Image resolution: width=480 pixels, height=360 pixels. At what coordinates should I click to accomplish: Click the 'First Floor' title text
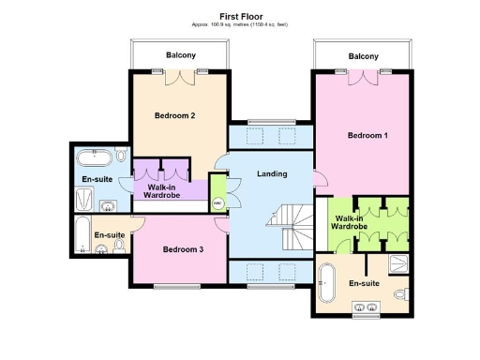pyautogui.click(x=240, y=16)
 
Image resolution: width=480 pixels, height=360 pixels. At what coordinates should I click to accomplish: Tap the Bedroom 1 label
pyautogui.click(x=367, y=136)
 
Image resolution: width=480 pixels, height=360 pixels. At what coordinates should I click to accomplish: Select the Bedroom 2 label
pyautogui.click(x=174, y=115)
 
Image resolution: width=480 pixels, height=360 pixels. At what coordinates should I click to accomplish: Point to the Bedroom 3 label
pyautogui.click(x=183, y=249)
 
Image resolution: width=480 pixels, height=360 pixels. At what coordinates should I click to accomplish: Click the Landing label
pyautogui.click(x=272, y=173)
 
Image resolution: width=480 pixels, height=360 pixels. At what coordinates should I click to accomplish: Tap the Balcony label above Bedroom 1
pyautogui.click(x=363, y=56)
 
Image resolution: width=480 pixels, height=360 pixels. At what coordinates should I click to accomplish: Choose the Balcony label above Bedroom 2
pyautogui.click(x=181, y=55)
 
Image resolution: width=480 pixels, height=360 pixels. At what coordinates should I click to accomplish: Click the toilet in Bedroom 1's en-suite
pyautogui.click(x=401, y=294)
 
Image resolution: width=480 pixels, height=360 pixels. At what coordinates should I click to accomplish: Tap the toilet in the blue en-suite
pyautogui.click(x=122, y=154)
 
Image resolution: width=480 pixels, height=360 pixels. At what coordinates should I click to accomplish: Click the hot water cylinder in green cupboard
pyautogui.click(x=217, y=202)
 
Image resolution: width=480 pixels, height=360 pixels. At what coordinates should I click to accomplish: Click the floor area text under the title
pyautogui.click(x=240, y=25)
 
